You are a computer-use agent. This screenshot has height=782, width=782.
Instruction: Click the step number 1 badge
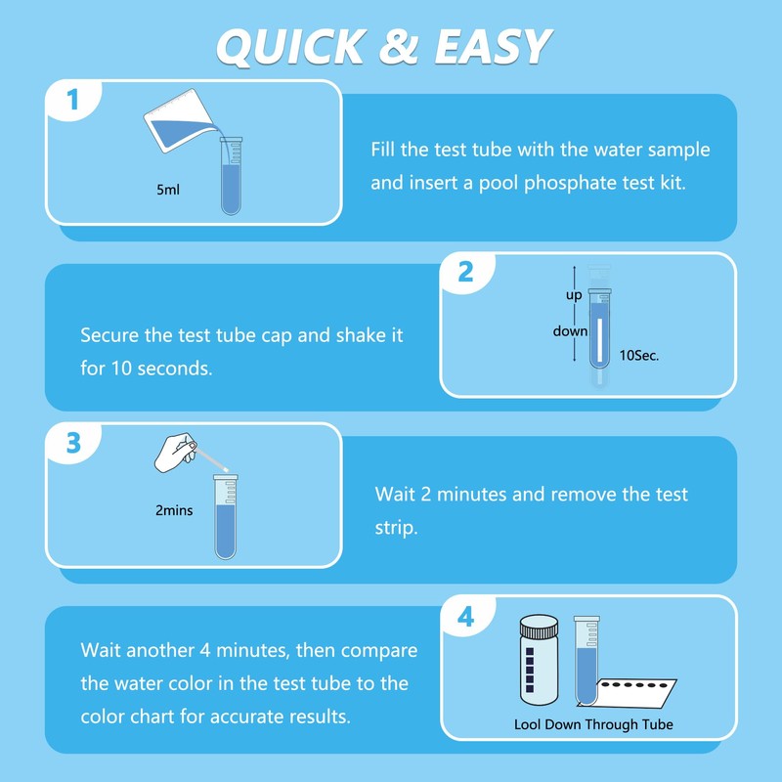(x=72, y=100)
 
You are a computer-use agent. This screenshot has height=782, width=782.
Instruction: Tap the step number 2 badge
(x=465, y=273)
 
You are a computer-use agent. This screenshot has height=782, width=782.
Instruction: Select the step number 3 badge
(x=73, y=443)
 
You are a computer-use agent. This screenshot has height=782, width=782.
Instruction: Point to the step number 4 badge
(x=466, y=618)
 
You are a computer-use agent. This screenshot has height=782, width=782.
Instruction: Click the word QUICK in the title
(x=291, y=46)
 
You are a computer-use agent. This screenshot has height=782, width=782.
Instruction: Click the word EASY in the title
(x=493, y=46)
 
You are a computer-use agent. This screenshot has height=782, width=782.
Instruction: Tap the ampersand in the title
(x=399, y=46)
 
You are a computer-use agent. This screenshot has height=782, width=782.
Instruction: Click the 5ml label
(x=168, y=190)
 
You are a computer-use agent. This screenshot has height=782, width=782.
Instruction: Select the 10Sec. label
(x=639, y=356)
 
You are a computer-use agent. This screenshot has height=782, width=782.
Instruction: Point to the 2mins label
(x=174, y=510)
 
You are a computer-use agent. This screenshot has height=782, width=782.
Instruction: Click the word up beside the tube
(x=574, y=295)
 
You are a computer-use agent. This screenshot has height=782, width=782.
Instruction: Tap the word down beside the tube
(x=570, y=331)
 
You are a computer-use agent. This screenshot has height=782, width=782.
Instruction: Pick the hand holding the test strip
(x=175, y=452)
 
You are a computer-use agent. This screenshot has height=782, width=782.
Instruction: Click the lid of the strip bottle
(x=540, y=627)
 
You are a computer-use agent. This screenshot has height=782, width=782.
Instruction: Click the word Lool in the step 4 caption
(x=528, y=724)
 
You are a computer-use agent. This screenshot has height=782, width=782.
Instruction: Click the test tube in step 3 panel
(x=226, y=517)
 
